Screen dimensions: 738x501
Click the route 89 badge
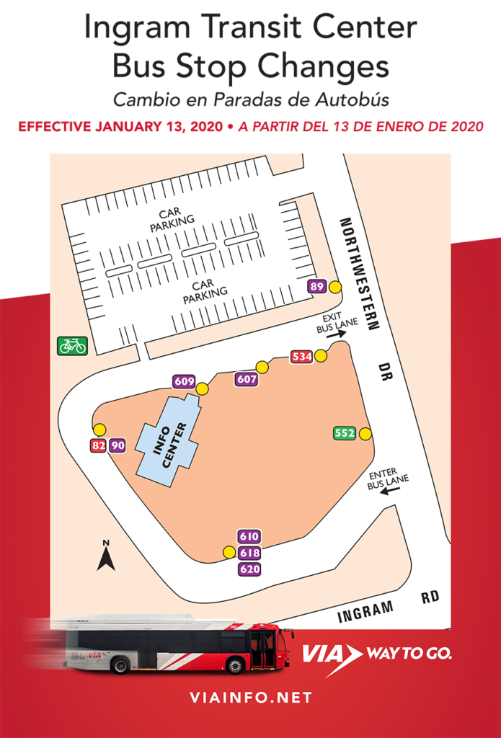coord(316,286)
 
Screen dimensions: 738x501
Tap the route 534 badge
coord(301,356)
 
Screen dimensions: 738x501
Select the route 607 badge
coord(246,378)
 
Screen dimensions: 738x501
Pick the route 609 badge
coord(184,381)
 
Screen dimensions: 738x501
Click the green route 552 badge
coord(345,433)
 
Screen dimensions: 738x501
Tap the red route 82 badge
coord(98,445)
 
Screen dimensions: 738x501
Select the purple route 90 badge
coord(118,445)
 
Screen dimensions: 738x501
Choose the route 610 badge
coord(249,536)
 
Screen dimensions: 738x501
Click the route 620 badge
coord(249,569)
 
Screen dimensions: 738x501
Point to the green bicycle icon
coord(72,346)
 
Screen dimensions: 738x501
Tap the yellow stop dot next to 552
coord(365,433)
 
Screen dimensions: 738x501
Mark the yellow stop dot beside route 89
coord(335,287)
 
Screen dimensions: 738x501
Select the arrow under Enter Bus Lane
coord(390,490)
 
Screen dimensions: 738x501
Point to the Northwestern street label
coord(358,273)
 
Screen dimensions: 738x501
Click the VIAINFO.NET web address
coord(250,698)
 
